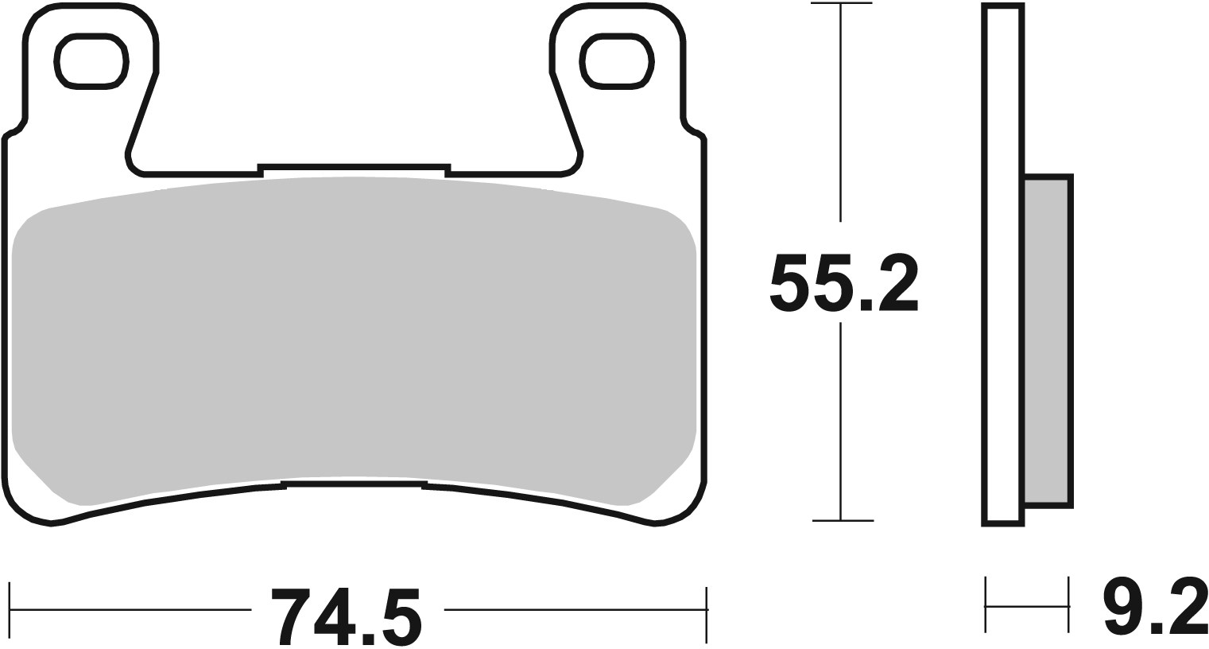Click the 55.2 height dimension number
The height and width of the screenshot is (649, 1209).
843,283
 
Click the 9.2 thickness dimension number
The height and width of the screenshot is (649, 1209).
1155,606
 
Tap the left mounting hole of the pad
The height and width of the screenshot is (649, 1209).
91,61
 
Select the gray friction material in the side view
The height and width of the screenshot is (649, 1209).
1047,342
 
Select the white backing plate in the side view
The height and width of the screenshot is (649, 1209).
1004,262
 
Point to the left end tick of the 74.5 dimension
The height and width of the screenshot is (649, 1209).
10,611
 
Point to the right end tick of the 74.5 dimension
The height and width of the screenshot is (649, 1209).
706,611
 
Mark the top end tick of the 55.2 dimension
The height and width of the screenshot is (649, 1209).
842,4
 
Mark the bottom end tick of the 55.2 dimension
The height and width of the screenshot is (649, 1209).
842,521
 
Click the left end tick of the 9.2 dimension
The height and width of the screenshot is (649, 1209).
986,606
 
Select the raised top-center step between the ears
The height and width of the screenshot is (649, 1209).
354,168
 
